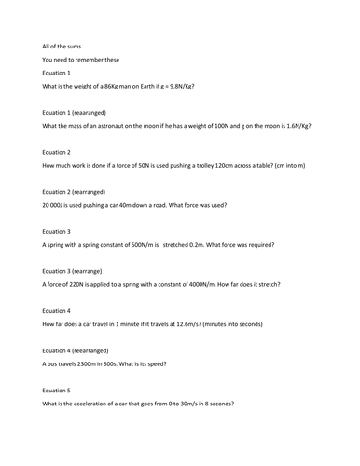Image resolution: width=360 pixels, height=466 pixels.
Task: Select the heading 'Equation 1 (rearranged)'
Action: (x=80, y=112)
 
